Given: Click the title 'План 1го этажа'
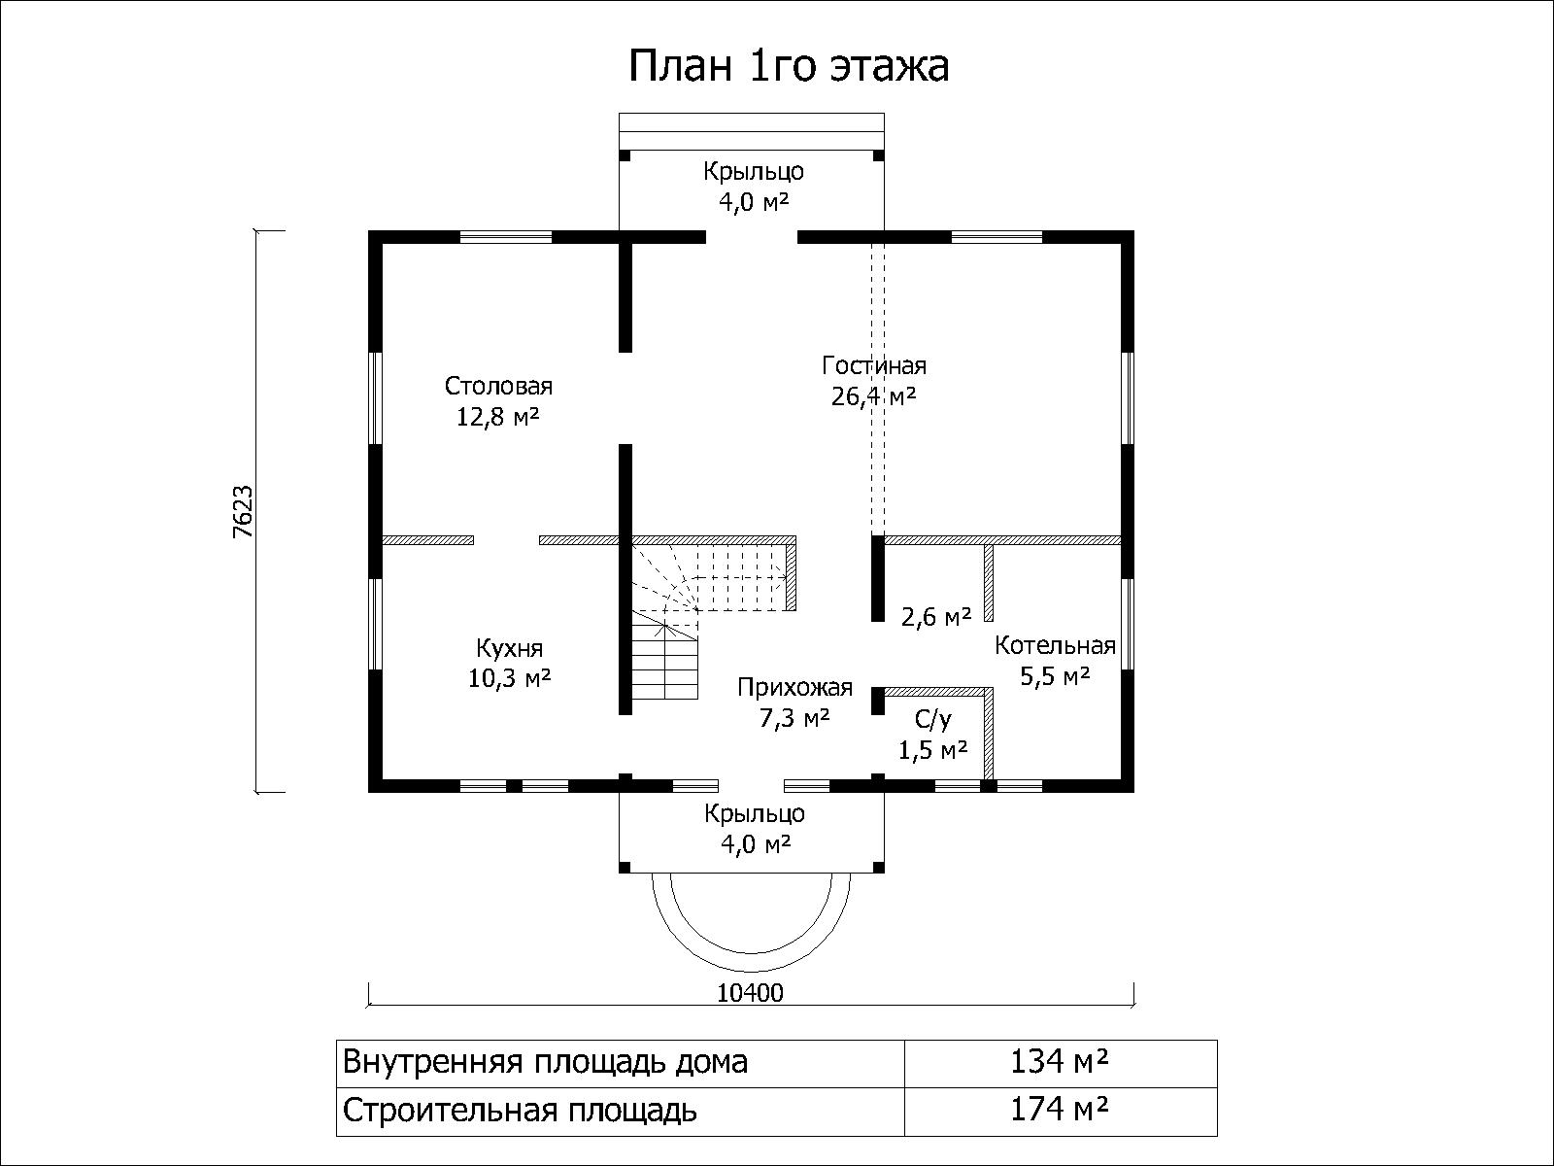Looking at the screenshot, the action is coord(789,66).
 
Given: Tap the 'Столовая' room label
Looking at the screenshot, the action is coord(498,386).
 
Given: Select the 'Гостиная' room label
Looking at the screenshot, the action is coord(873,365).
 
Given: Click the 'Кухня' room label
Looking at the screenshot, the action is coord(509,648).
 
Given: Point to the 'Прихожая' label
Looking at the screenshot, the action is coord(794,687).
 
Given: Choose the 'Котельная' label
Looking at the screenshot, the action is coord(1055,645).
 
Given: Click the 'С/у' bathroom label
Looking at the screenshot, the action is coord(933,720).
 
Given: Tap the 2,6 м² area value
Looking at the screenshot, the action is coord(935,617).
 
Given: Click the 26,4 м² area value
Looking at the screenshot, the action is coord(873,396).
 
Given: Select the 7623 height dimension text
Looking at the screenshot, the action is coord(243,512).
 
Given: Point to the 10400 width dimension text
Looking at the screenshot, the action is coord(751,993).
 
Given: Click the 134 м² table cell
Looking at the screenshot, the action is coord(1060,1062).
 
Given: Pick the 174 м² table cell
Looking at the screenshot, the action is coord(1060,1110).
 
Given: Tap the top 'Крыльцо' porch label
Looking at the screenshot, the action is coord(754,172).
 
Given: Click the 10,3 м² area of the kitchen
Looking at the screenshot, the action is coord(509,679).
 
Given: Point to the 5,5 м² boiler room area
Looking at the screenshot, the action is coord(1054,676).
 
